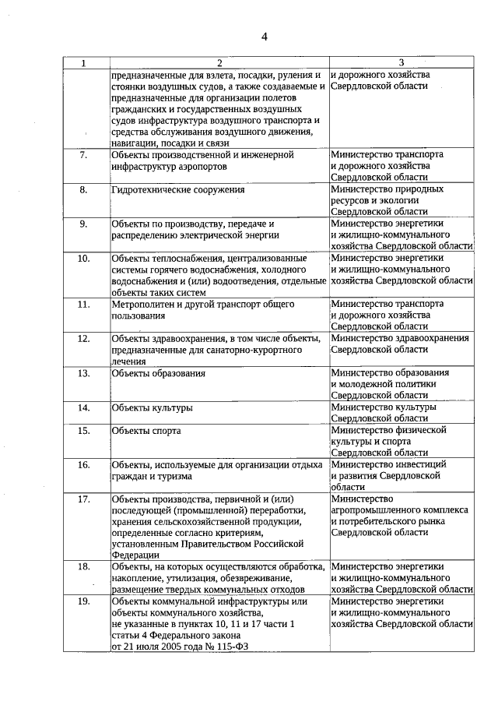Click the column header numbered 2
[x=219, y=63]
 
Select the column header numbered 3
[x=401, y=63]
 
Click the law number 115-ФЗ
[x=228, y=647]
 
